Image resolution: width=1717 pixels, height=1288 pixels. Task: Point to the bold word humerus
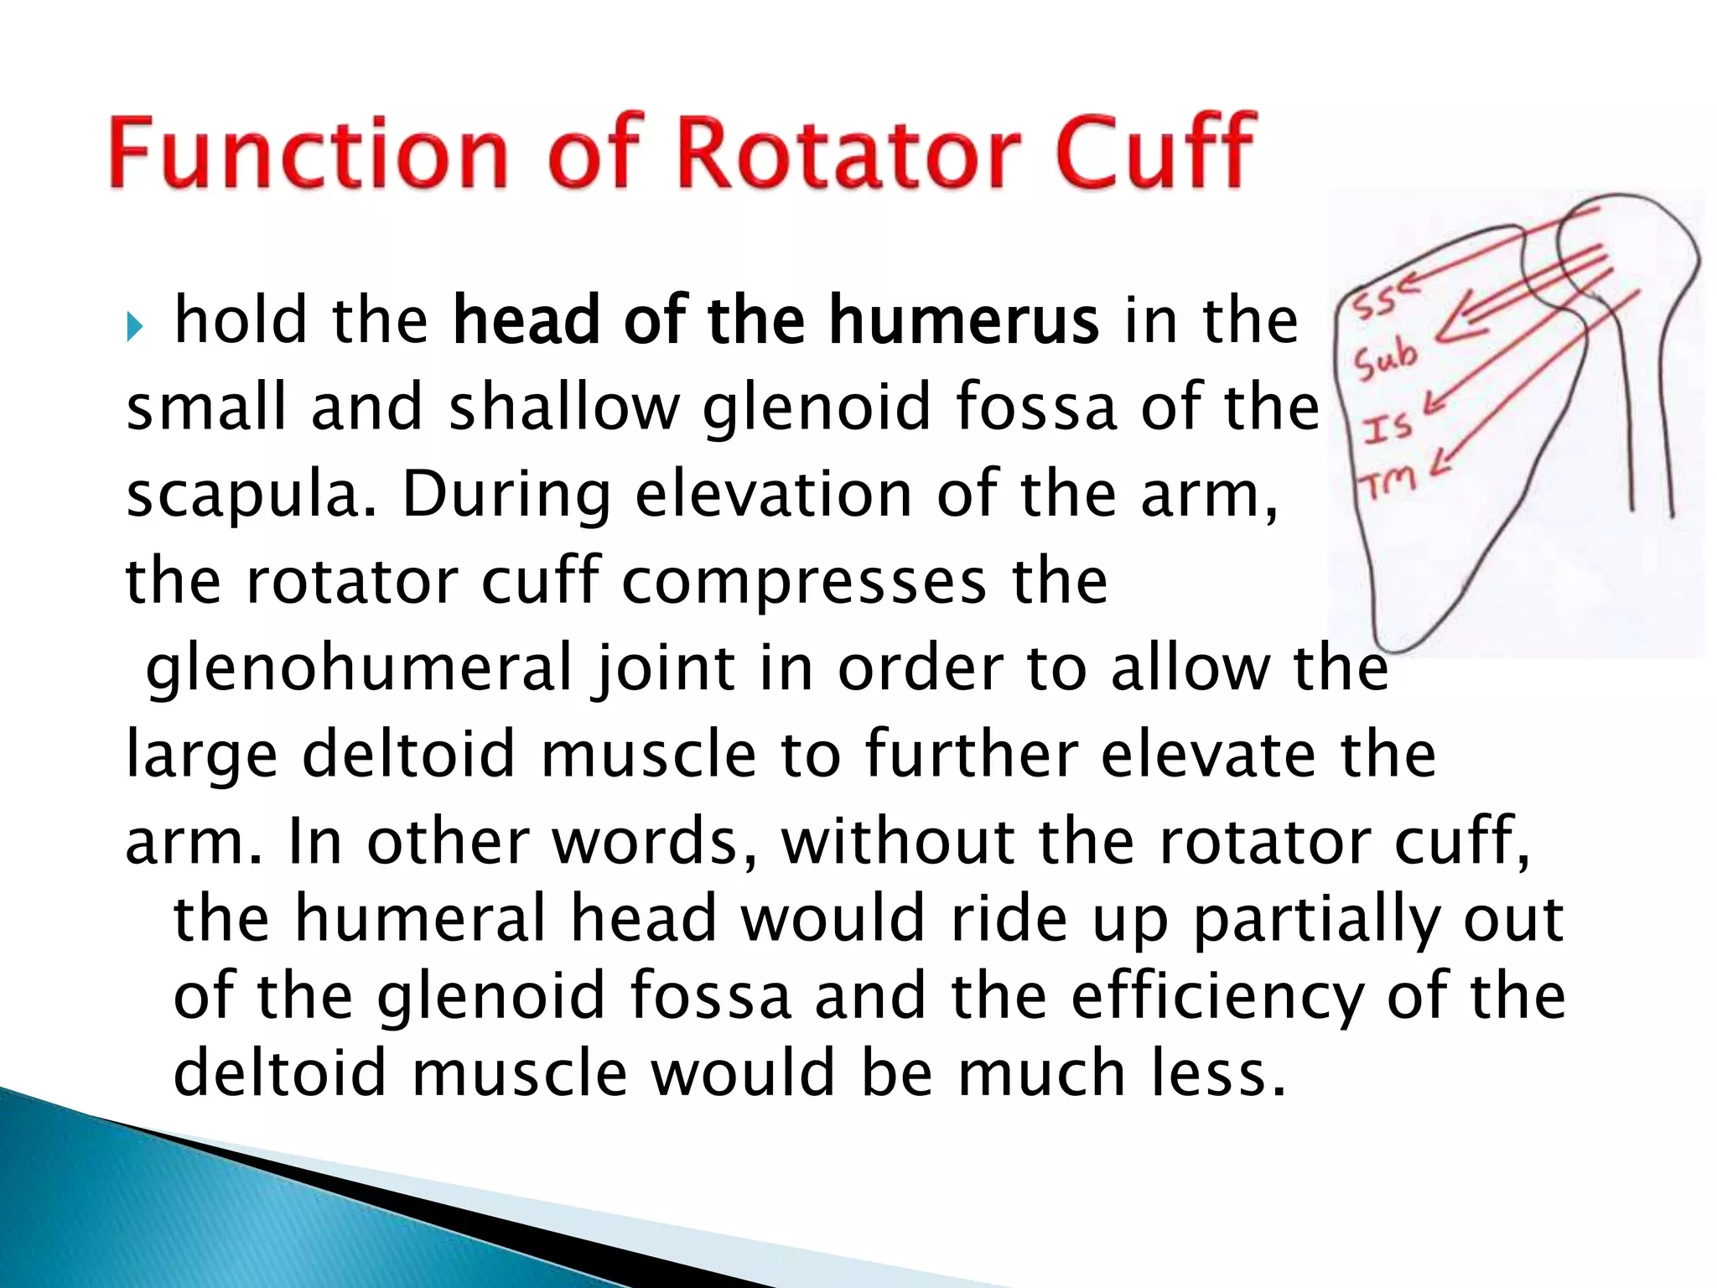click(x=963, y=322)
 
